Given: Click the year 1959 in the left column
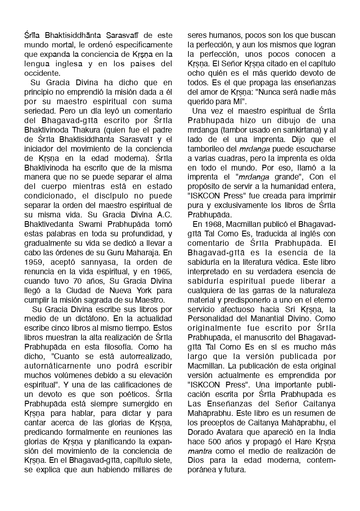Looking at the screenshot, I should tap(33, 263).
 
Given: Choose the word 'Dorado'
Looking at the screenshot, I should tap(200, 432).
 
